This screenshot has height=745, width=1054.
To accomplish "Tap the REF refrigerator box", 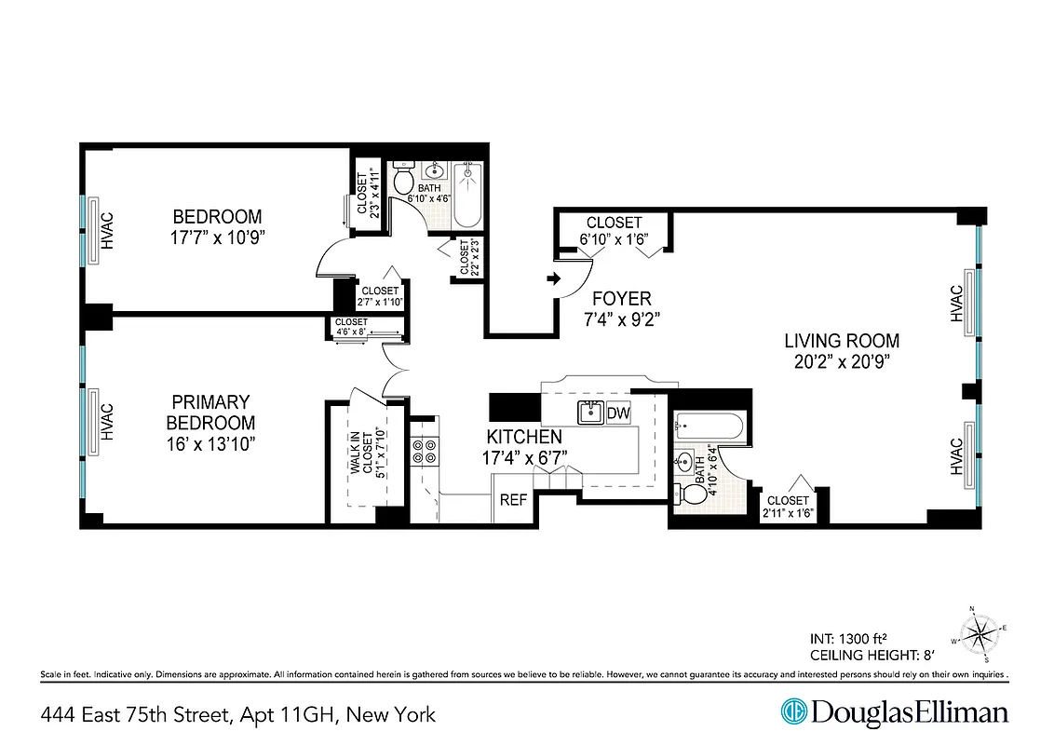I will click(x=513, y=500).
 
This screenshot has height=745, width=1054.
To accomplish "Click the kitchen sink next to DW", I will click(x=590, y=413).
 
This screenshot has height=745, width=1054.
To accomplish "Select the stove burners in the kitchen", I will click(x=425, y=451).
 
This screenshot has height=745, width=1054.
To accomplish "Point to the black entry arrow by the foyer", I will click(x=552, y=278).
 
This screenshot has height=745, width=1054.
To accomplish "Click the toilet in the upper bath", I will click(x=404, y=181).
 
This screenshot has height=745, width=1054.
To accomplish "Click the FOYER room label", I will click(x=622, y=299).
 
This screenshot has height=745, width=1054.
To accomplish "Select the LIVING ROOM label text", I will click(x=841, y=341).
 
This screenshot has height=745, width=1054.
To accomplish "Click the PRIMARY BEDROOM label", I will click(x=211, y=412).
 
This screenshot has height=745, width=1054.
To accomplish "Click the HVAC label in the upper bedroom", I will click(x=107, y=231).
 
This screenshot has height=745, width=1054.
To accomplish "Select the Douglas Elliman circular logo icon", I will click(x=792, y=712).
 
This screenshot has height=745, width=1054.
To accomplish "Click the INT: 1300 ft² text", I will click(x=848, y=639).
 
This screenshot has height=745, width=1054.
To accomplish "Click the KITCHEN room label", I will click(x=524, y=437).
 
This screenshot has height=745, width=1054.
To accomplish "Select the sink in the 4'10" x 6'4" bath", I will click(x=687, y=461).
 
